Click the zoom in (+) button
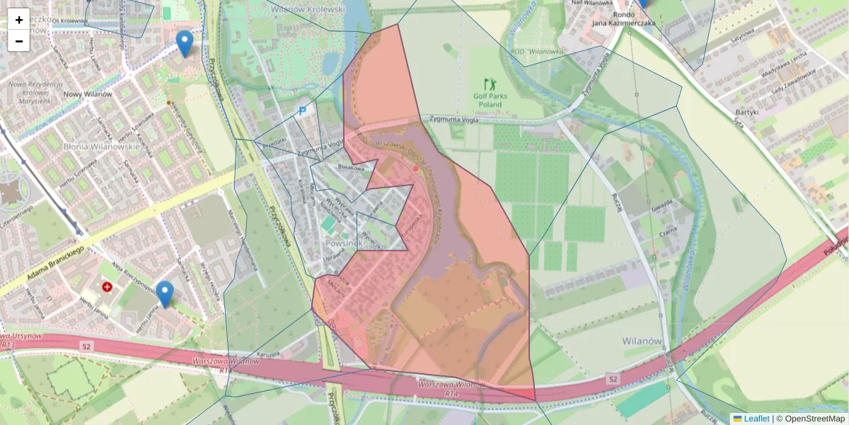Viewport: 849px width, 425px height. click(x=19, y=20)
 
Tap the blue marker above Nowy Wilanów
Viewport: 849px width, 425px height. click(x=185, y=43)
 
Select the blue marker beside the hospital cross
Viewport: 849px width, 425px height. click(x=165, y=293)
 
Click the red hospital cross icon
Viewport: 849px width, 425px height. click(x=107, y=287)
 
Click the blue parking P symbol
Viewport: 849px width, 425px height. click(x=302, y=110)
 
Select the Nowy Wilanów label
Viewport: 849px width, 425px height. click(x=88, y=94)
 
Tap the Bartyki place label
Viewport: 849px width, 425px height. click(x=746, y=112)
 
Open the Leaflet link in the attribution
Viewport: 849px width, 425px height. click(x=756, y=419)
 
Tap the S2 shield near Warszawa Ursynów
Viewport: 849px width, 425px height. click(x=86, y=346)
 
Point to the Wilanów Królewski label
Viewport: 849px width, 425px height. click(x=317, y=10)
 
